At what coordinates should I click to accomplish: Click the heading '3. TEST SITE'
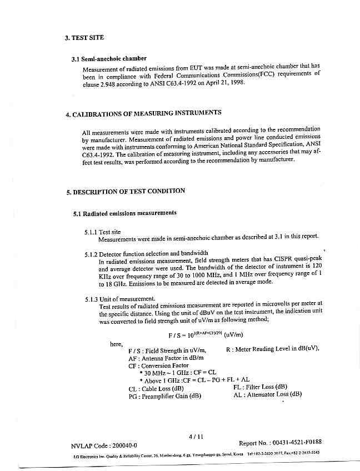[x=84, y=38]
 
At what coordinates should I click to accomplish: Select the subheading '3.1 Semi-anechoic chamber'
[x=109, y=58]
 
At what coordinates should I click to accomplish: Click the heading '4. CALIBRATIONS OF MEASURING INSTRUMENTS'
[x=143, y=113]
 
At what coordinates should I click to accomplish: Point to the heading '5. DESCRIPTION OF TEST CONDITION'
[x=126, y=192]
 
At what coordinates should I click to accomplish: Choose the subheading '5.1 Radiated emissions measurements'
[x=125, y=213]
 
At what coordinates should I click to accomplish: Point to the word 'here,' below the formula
[x=116, y=344]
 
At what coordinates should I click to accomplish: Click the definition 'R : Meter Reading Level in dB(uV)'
[x=273, y=349]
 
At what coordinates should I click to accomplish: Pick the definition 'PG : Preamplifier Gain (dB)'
[x=164, y=396]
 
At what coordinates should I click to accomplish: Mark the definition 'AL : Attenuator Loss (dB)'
[x=268, y=394]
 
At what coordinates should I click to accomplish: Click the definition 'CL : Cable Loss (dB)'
[x=156, y=389]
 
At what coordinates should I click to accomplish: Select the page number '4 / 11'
[x=194, y=437]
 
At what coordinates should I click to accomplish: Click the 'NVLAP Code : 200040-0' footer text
[x=104, y=445]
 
